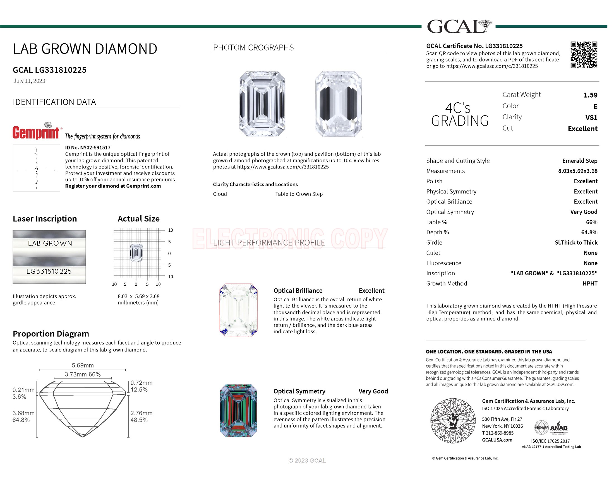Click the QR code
584,55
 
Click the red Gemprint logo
36,132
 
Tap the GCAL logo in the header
459,26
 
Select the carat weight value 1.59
590,95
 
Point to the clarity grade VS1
591,117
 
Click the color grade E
595,107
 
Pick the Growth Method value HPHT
590,283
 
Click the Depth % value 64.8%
589,232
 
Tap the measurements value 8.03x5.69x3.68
577,171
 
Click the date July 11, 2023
29,81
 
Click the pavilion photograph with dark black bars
339,104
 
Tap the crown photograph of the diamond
262,104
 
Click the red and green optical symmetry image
238,411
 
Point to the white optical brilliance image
238,310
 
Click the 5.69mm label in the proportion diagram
83,365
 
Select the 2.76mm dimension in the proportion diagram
141,413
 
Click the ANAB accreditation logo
558,428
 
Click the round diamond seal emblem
453,421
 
